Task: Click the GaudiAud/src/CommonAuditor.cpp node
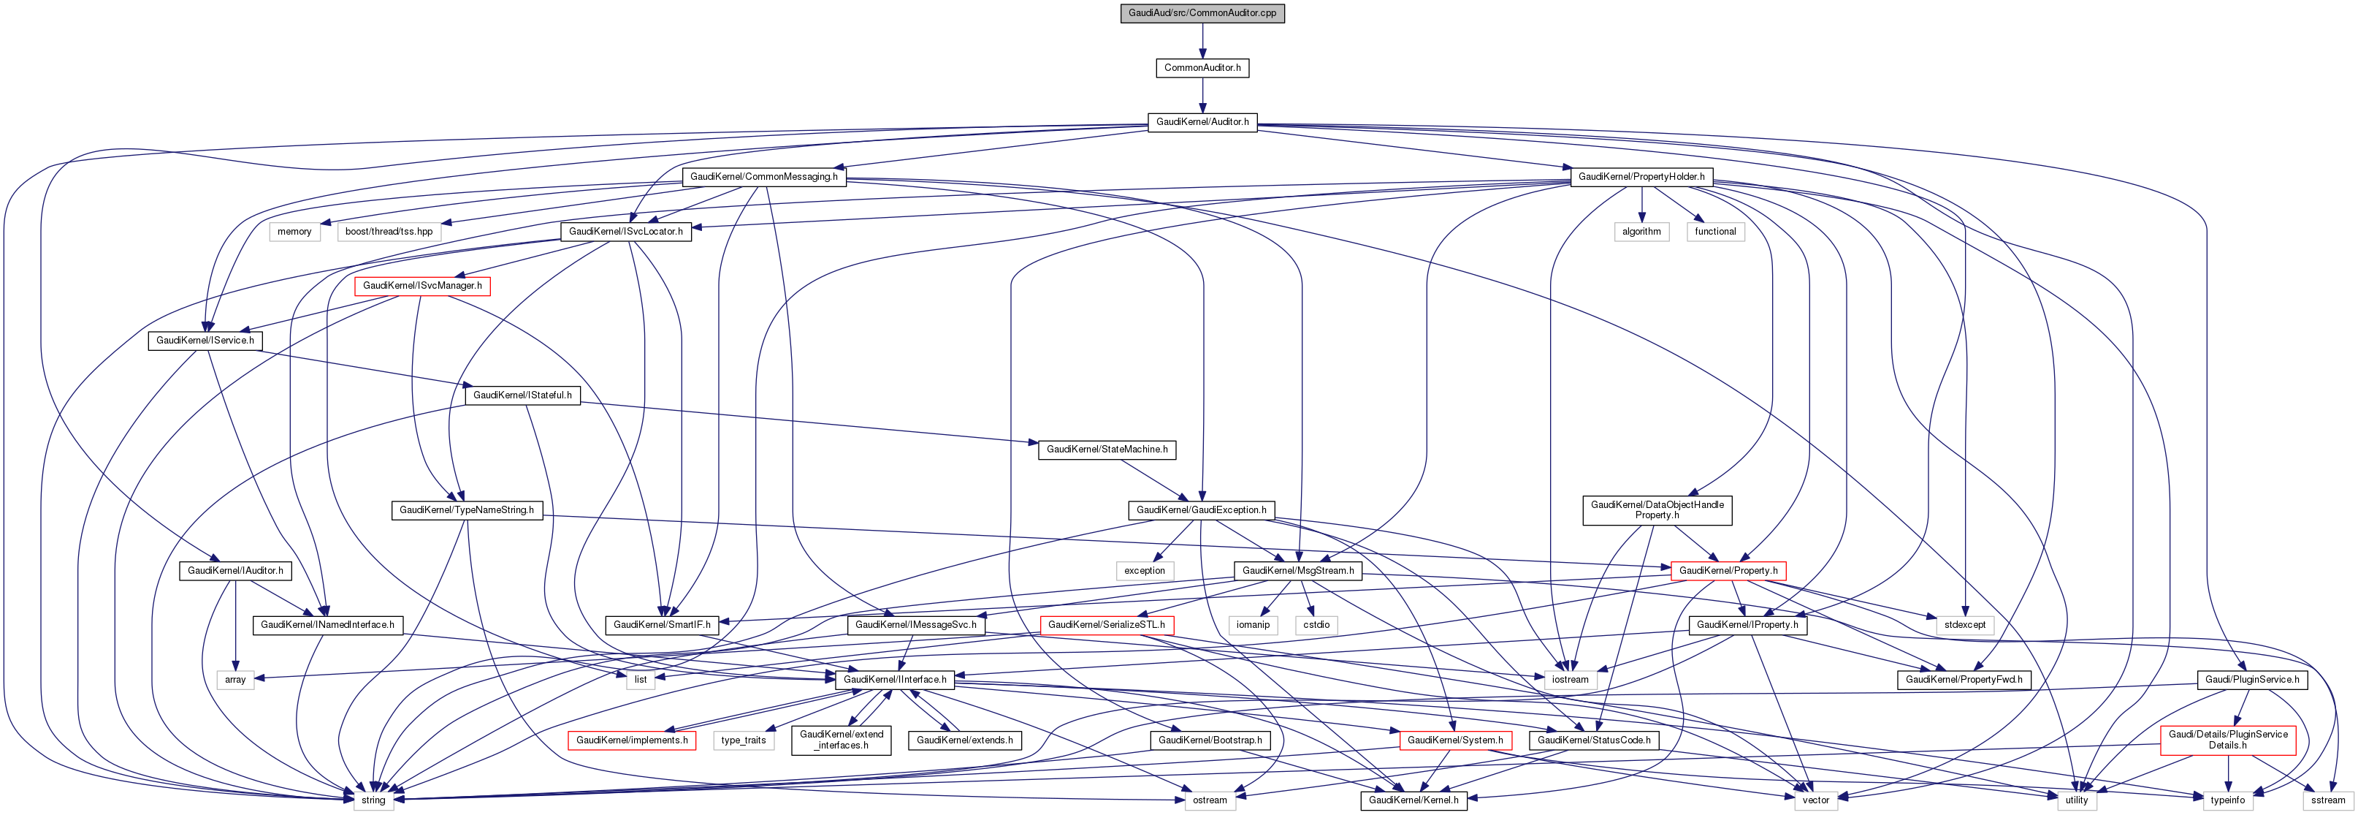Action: (x=1202, y=13)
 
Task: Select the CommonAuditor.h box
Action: (x=1202, y=68)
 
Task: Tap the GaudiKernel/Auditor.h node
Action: (x=1202, y=122)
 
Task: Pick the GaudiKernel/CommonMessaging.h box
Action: (x=763, y=177)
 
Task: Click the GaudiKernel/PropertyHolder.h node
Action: (x=1641, y=177)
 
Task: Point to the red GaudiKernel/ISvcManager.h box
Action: (x=422, y=286)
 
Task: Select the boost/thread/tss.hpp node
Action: (x=389, y=232)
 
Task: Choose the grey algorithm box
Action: (x=1641, y=232)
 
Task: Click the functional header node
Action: (x=1714, y=232)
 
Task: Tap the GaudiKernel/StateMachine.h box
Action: (x=1107, y=450)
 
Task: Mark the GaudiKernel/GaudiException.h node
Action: (x=1201, y=510)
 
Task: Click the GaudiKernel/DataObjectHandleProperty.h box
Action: (x=1657, y=510)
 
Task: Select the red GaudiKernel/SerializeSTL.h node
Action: (x=1106, y=624)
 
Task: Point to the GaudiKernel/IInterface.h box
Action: (x=894, y=680)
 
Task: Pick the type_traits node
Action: (x=744, y=740)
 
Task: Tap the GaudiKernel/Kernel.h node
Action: (x=1414, y=800)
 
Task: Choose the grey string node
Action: (x=373, y=800)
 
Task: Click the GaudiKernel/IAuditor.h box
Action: (x=235, y=570)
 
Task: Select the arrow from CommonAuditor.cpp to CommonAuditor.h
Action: (x=1202, y=40)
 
